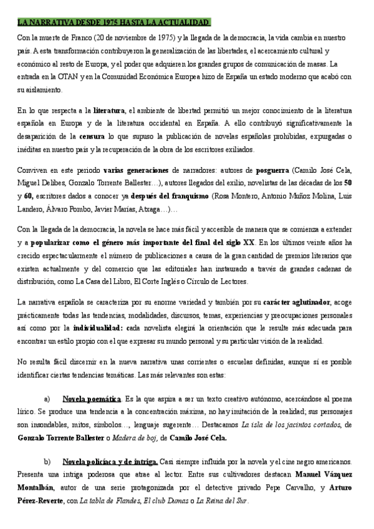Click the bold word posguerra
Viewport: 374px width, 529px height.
click(271, 170)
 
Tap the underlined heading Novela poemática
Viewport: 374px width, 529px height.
click(92, 398)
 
